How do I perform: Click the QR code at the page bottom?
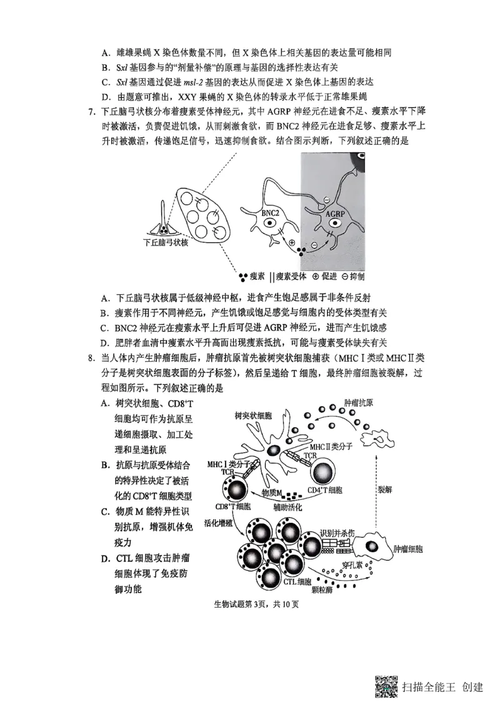click(386, 687)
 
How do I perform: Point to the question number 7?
click(91, 112)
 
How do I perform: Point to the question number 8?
click(91, 358)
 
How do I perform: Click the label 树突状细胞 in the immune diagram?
click(253, 415)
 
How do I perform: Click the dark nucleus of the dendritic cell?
click(273, 451)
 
